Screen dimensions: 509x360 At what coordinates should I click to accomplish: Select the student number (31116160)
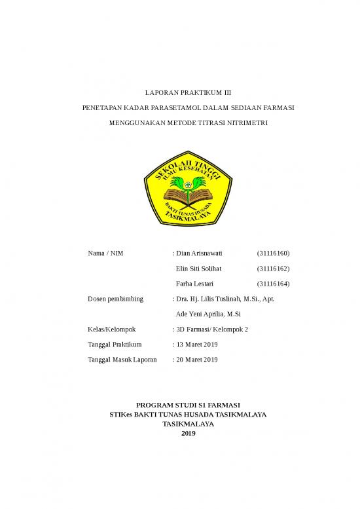click(x=274, y=254)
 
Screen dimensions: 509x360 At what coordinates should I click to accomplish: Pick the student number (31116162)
click(x=274, y=269)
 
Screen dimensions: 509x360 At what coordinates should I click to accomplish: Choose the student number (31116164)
click(x=274, y=284)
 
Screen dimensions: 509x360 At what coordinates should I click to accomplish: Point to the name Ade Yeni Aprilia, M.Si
click(x=208, y=314)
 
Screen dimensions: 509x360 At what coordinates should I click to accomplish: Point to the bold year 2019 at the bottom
click(x=188, y=434)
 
